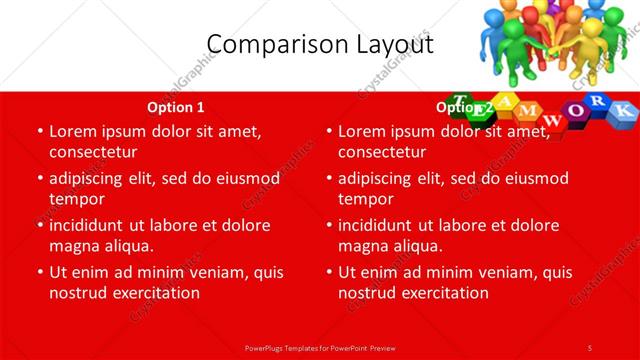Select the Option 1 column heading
[x=176, y=107]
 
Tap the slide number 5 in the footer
[x=590, y=347]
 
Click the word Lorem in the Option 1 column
[x=73, y=131]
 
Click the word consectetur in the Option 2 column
[x=381, y=152]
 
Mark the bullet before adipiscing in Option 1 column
[x=39, y=178]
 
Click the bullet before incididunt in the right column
[x=328, y=225]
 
